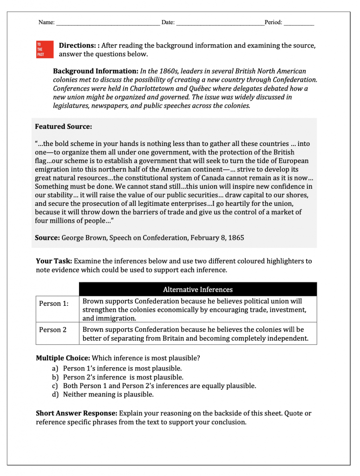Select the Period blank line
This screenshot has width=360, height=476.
click(299, 23)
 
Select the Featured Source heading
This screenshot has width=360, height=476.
click(63, 126)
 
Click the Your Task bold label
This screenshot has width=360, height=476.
click(53, 261)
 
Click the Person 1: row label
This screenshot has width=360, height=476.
click(53, 304)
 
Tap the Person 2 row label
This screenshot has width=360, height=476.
click(52, 330)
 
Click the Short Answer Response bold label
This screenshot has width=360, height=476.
click(77, 413)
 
